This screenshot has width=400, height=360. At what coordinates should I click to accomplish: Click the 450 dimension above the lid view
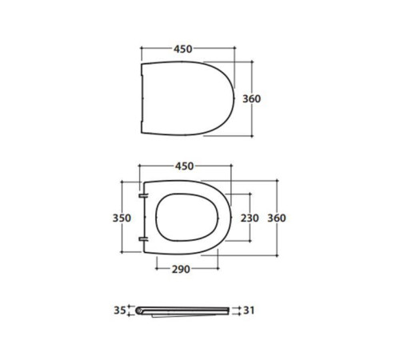click(x=183, y=49)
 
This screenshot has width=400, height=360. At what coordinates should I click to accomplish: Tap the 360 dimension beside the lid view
click(x=251, y=99)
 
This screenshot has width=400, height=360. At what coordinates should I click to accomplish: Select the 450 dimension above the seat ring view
click(x=184, y=166)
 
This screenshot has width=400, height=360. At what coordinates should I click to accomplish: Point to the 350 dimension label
click(x=122, y=218)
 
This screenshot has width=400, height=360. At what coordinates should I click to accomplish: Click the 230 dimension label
click(x=250, y=218)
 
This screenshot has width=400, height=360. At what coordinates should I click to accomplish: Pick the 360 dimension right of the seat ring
click(x=277, y=218)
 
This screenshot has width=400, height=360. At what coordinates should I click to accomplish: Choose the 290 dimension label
click(x=181, y=270)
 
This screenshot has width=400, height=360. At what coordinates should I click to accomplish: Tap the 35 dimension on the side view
click(x=119, y=310)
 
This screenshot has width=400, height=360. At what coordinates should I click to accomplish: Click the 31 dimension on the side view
click(x=249, y=310)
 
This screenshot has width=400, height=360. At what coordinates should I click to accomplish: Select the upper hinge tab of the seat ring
click(x=143, y=196)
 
